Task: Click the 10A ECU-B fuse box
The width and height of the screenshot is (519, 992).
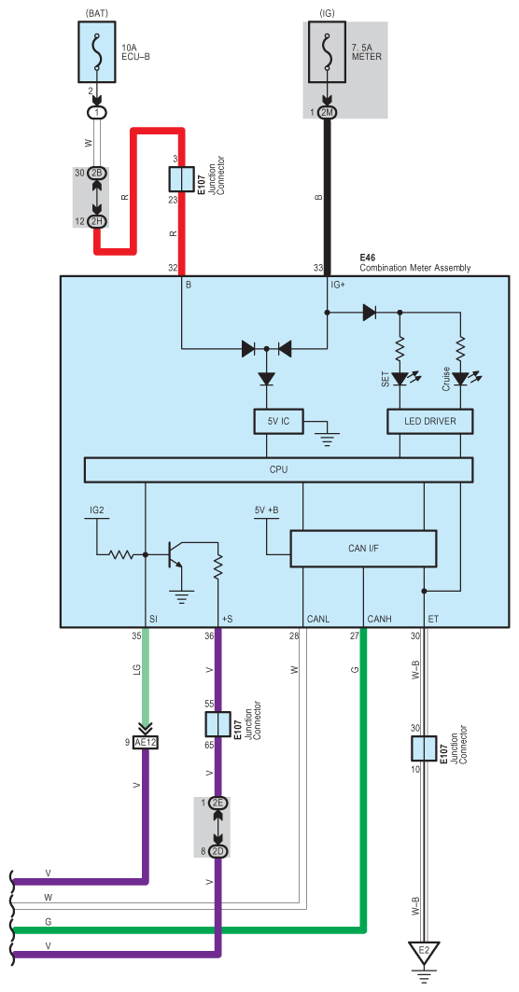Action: [97, 52]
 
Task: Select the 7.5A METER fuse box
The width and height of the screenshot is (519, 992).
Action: [328, 52]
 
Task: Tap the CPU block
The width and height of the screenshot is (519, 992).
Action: [278, 469]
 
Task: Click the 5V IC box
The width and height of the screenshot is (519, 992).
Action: [278, 421]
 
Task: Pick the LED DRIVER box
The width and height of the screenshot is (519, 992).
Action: [430, 421]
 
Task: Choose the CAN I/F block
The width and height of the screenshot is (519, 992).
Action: [363, 549]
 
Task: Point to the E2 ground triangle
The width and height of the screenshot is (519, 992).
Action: [424, 952]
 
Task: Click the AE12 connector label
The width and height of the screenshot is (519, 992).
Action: [146, 743]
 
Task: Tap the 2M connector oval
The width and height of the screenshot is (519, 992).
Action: [328, 112]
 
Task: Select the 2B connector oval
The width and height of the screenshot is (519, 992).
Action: [98, 174]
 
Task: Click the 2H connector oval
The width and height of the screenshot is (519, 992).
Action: [98, 221]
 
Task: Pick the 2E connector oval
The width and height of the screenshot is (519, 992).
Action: [218, 803]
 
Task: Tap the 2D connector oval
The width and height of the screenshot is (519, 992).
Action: [218, 851]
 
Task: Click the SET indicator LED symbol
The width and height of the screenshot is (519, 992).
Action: [402, 379]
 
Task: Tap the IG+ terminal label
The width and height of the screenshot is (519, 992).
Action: [339, 285]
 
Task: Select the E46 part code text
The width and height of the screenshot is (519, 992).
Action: [368, 258]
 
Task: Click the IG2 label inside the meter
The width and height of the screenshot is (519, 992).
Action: [97, 510]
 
